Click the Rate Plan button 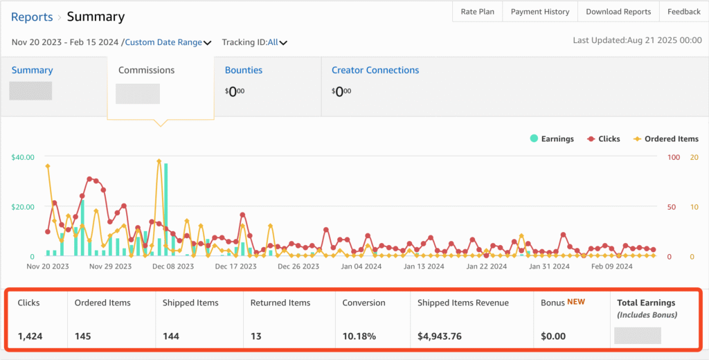click(x=477, y=12)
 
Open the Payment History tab click(x=539, y=12)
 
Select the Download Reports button click(x=618, y=12)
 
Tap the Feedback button click(x=684, y=12)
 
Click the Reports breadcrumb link click(x=32, y=17)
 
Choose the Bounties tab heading click(x=243, y=70)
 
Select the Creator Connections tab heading click(x=375, y=70)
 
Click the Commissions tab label click(x=146, y=70)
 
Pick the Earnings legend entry click(x=551, y=138)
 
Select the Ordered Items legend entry click(x=665, y=138)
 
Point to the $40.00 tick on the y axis click(x=23, y=157)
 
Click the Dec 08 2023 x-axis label click(x=172, y=266)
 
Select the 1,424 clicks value click(x=31, y=336)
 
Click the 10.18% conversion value click(x=359, y=336)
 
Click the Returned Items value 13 click(x=255, y=336)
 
